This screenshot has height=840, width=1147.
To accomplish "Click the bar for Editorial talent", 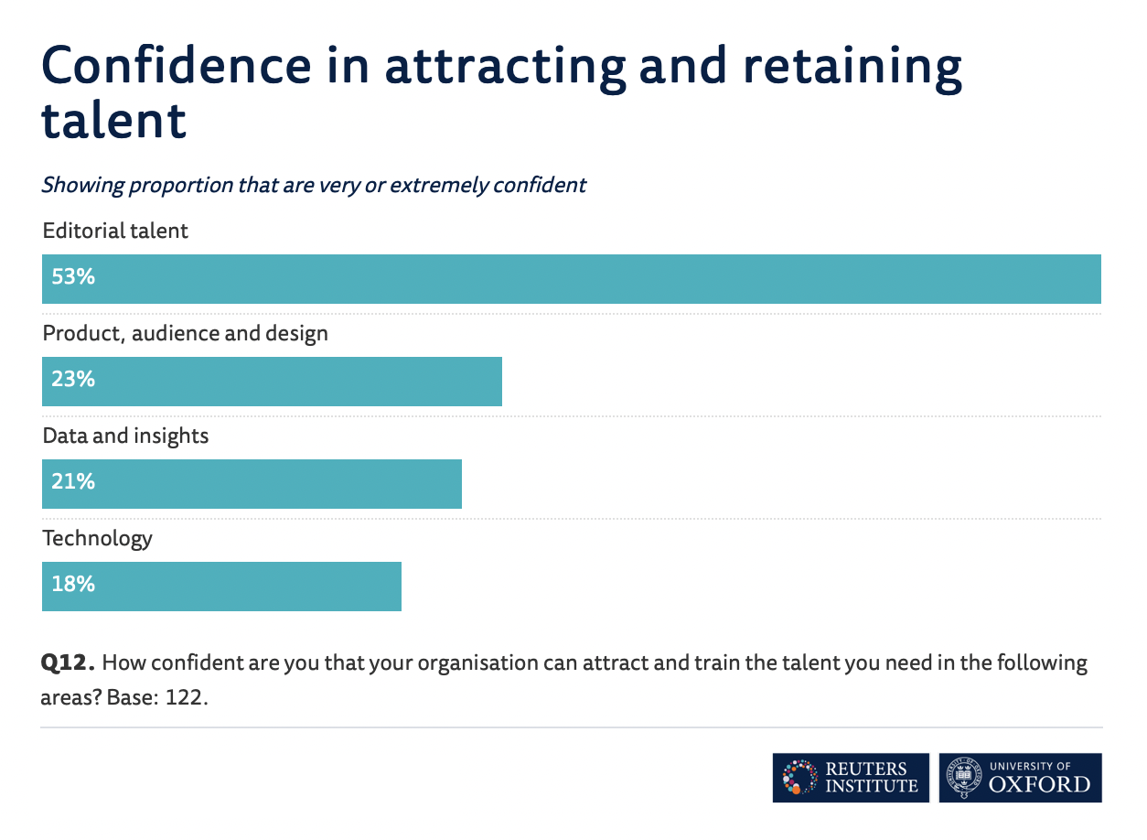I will [572, 279].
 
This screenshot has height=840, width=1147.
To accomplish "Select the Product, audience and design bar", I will [273, 382].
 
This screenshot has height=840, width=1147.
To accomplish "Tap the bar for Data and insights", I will [252, 484].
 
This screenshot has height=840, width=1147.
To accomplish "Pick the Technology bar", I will [222, 587].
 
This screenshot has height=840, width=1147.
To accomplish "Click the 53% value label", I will [73, 276].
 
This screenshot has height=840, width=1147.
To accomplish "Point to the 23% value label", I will [73, 379].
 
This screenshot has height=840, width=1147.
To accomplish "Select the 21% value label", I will [73, 481].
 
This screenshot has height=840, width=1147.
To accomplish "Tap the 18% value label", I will [73, 584].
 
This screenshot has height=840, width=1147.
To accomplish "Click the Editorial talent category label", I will [115, 231].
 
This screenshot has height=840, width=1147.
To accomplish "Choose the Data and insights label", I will [125, 436].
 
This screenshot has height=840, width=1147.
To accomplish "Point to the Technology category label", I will [97, 538].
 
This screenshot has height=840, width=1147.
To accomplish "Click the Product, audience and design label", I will [185, 333].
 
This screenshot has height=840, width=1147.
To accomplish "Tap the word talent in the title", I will [113, 121].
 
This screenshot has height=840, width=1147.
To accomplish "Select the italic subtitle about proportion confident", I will [313, 185].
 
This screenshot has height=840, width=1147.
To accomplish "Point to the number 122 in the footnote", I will [186, 698].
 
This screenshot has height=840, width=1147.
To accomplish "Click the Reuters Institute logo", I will [850, 778].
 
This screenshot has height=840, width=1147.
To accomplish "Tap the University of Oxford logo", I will [1020, 778].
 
